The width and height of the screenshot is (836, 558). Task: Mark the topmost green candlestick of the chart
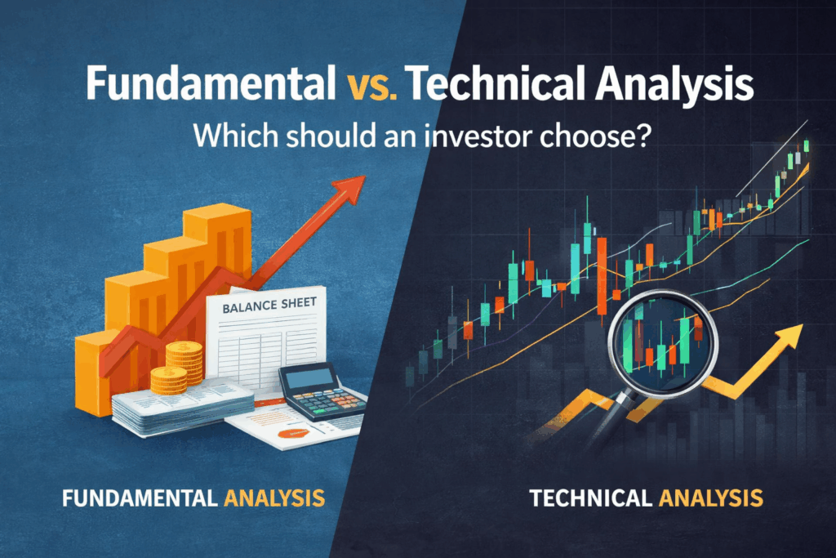click(x=806, y=145)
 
